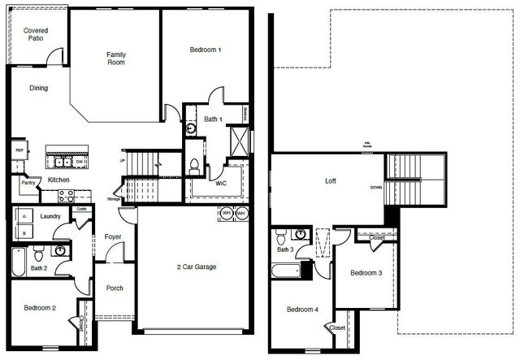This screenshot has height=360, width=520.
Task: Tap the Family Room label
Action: [116, 59]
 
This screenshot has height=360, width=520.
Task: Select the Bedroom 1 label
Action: [206, 50]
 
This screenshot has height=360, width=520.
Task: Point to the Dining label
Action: [38, 89]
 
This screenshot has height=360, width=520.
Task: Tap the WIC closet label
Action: [221, 184]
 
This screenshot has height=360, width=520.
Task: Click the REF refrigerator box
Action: [19, 151]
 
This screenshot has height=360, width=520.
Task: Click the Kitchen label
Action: [58, 180]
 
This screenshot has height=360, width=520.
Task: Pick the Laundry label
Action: [51, 216]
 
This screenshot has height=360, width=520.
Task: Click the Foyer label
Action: [112, 237]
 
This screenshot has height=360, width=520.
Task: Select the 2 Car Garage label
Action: [197, 267]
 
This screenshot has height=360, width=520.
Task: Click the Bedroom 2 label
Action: [39, 308]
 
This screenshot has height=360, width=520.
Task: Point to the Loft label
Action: [331, 181]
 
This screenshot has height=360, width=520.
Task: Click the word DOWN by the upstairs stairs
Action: [376, 187]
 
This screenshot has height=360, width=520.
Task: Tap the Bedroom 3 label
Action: [366, 273]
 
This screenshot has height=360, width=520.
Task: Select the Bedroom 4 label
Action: [303, 309]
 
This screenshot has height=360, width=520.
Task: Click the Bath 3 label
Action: [284, 249]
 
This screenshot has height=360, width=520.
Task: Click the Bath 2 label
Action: [39, 267]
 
